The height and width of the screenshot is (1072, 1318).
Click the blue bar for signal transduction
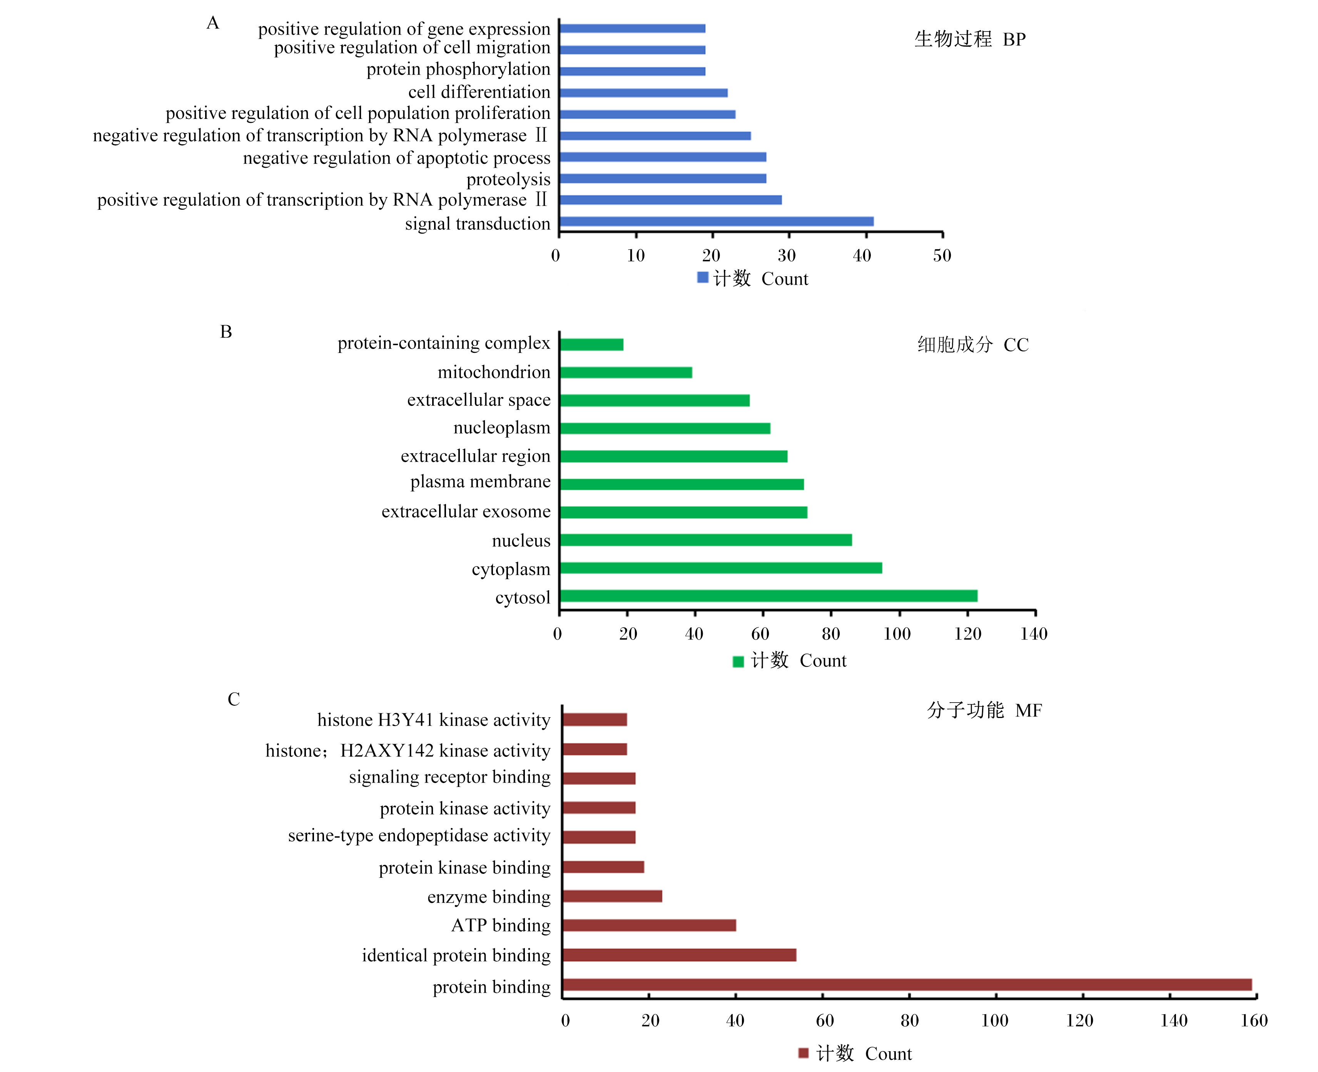point(717,222)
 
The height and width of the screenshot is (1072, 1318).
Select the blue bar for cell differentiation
point(643,93)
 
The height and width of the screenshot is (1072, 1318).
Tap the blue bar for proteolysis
point(663,179)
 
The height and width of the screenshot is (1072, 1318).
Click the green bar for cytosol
point(768,596)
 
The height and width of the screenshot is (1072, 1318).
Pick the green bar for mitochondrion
point(626,372)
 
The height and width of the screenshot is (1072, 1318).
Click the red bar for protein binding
point(907,984)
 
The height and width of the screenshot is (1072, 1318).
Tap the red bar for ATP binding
point(649,925)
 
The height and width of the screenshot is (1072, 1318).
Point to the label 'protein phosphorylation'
point(458,69)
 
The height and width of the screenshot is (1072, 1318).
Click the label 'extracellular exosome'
point(466,511)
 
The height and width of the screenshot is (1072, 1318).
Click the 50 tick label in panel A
point(942,255)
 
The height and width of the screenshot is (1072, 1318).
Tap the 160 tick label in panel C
point(1254,1021)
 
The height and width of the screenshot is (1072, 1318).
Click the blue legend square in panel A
point(703,277)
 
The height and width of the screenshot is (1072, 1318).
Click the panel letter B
point(226,332)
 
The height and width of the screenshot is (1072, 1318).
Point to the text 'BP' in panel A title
point(1014,40)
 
